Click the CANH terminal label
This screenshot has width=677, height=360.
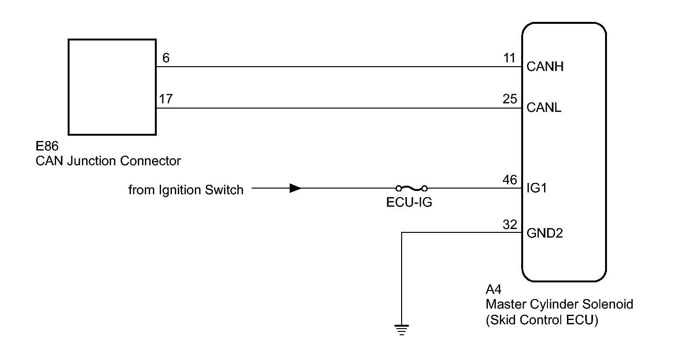click(x=545, y=67)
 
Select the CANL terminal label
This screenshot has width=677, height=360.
click(x=544, y=108)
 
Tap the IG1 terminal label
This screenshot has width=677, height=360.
click(x=536, y=189)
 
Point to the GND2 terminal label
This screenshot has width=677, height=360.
click(x=546, y=234)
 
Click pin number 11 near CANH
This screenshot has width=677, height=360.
click(x=509, y=59)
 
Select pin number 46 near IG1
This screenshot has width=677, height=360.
click(x=509, y=180)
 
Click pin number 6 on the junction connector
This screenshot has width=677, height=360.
click(x=166, y=59)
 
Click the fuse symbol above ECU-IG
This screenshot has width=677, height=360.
click(x=411, y=188)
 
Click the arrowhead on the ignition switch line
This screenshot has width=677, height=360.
click(x=295, y=188)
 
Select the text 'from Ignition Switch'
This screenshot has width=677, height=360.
click(x=186, y=190)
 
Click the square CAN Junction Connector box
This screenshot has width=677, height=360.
click(x=112, y=87)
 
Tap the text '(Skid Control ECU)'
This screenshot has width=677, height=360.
click(x=542, y=320)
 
